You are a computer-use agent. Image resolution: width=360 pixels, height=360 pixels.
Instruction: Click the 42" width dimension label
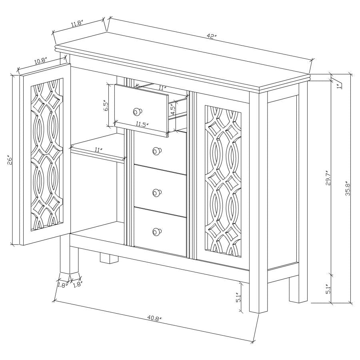coord(211,36)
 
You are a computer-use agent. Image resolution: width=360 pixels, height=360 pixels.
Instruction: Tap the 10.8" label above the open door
coord(40,61)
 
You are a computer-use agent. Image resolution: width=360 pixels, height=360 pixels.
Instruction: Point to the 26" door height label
coord(12,160)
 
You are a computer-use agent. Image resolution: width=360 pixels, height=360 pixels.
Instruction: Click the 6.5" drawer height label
coord(106,106)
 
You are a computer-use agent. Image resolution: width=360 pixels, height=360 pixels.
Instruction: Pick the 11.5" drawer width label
coord(141,124)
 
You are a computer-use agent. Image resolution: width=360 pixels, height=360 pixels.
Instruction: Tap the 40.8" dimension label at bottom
coord(154,319)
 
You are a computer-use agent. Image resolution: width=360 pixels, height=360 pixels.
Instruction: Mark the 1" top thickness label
coord(338,85)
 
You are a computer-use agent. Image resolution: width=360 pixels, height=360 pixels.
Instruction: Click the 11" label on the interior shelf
coord(98,150)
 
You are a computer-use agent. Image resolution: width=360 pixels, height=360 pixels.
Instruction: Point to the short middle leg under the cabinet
coord(109,258)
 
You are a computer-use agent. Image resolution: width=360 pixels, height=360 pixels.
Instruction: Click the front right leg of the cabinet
coord(258,296)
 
